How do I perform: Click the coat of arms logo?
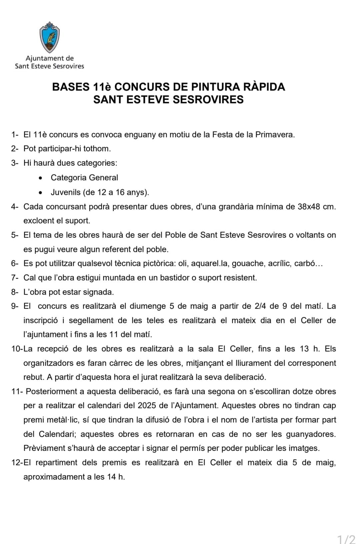coord(49,37)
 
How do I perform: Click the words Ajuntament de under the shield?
coord(49,58)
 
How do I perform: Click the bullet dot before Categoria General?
coord(40,178)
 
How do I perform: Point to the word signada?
coord(100,292)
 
